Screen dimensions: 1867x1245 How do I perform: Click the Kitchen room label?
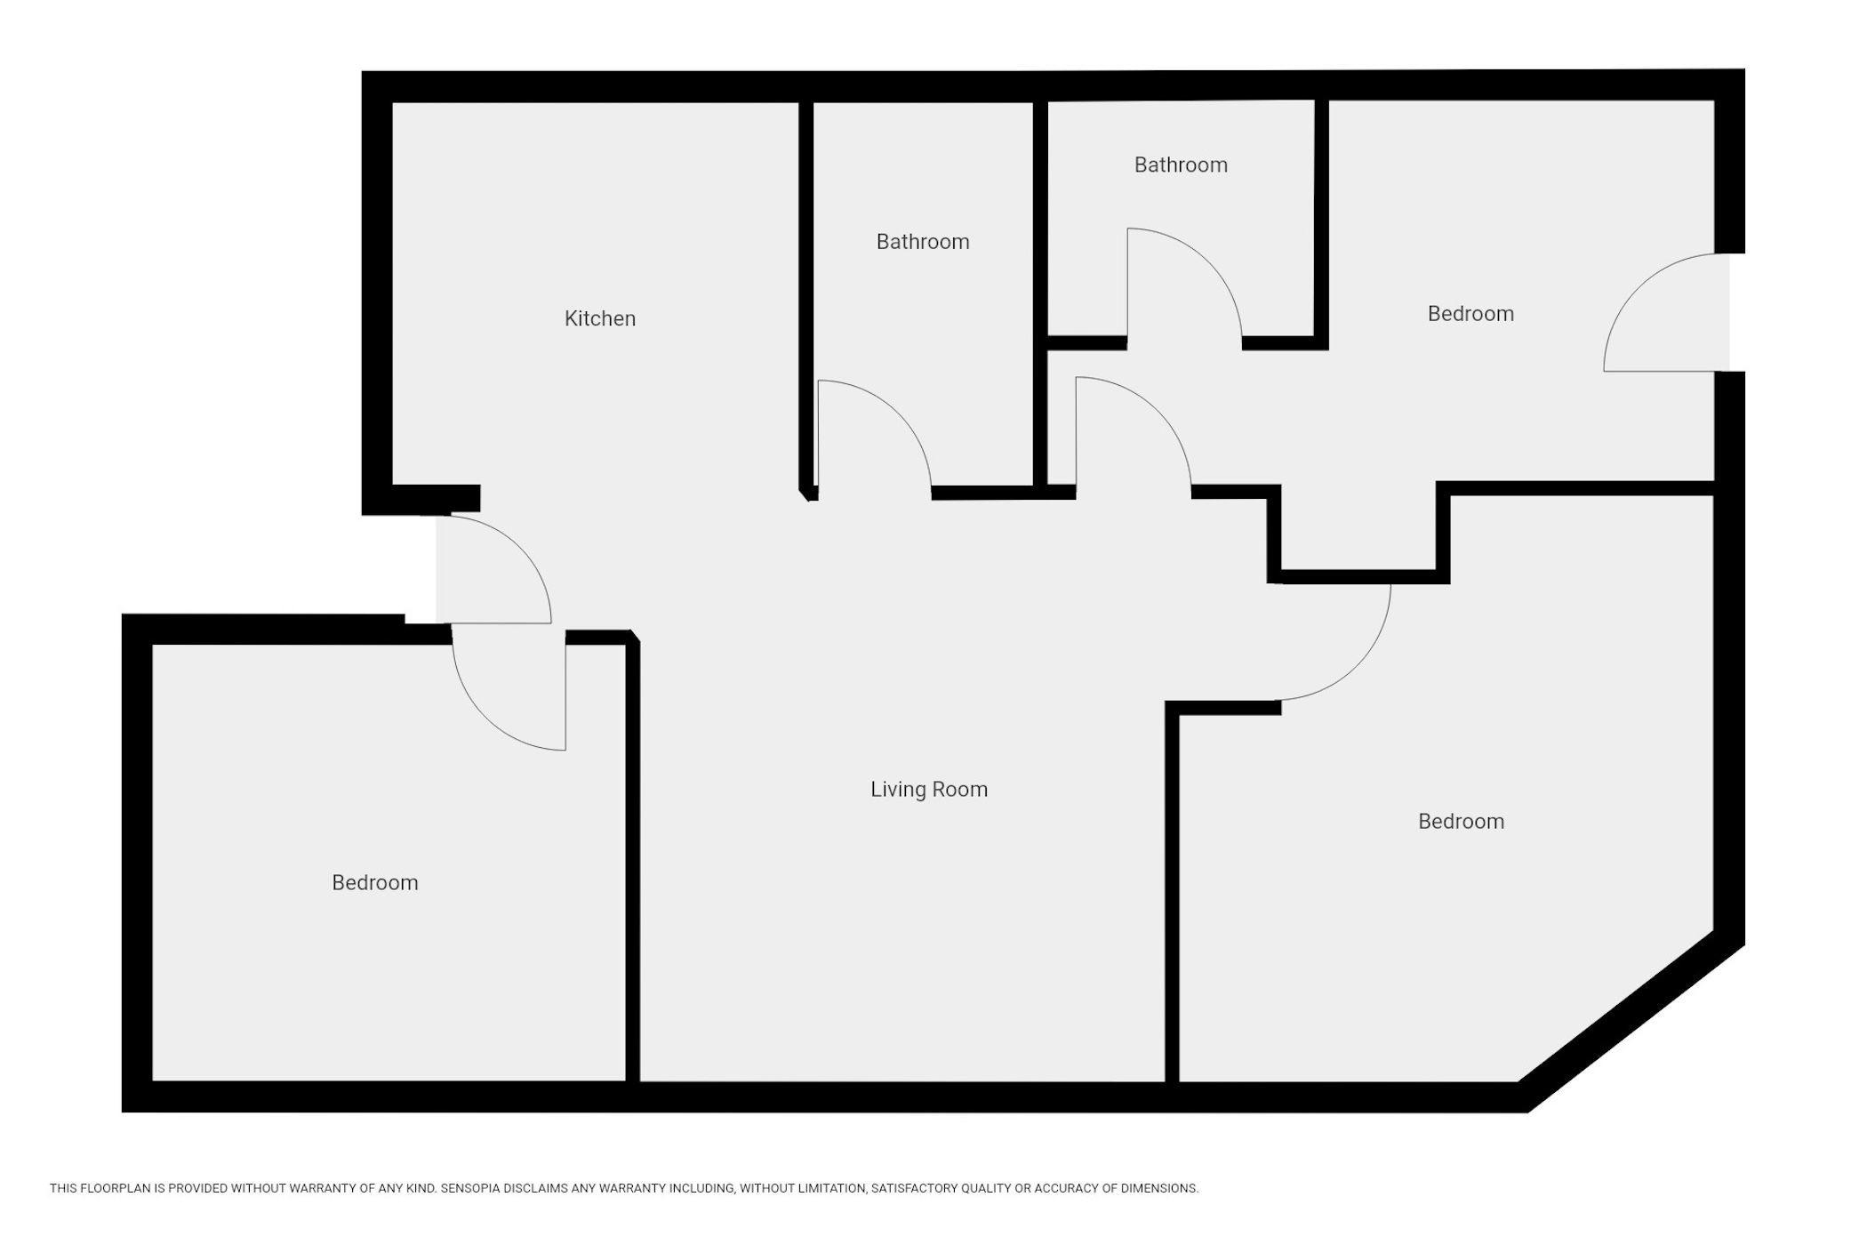pos(600,318)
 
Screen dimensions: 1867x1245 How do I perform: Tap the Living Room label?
pos(929,790)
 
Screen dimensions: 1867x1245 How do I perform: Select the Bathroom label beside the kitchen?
pos(923,242)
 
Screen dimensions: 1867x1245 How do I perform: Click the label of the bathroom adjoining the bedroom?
pos(1181,165)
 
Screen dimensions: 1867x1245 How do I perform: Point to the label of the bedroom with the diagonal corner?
pos(1461,821)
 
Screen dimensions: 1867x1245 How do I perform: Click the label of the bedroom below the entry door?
pos(375,882)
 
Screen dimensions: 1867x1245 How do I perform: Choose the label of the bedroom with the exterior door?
pos(1470,314)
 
